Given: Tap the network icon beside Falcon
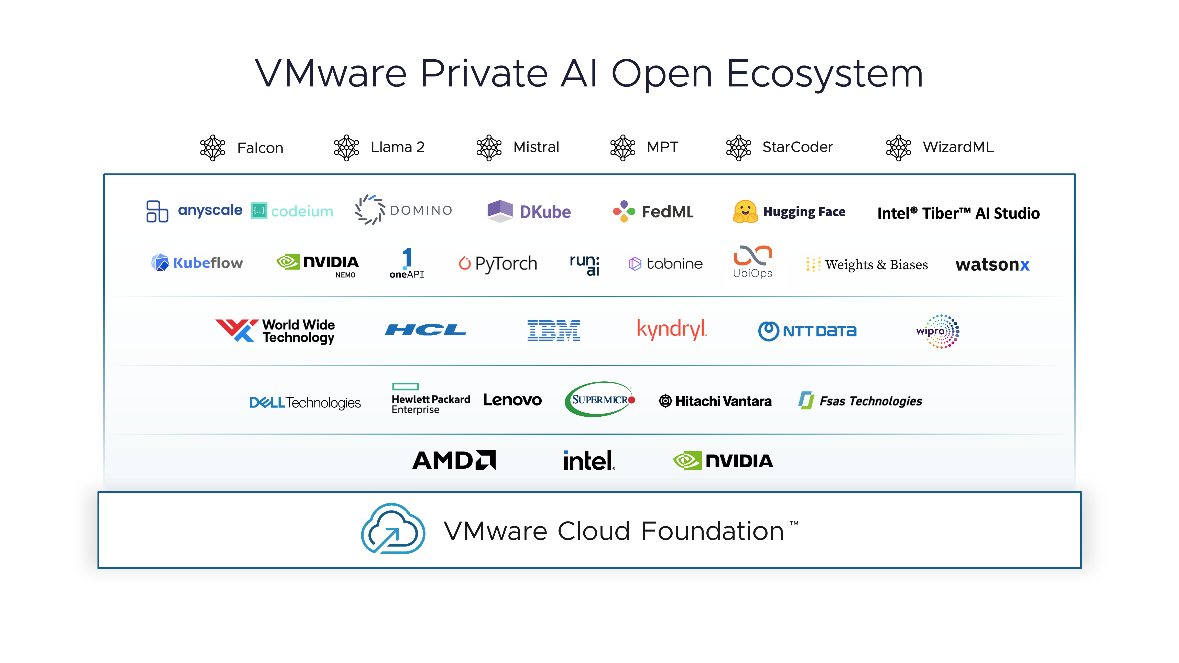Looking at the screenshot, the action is coord(213,148).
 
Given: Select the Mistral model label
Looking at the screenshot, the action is coord(536,147).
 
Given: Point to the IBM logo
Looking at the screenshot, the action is coord(554,330).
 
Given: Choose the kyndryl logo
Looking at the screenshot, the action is coord(671,329).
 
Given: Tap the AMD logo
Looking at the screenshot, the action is coord(454,460).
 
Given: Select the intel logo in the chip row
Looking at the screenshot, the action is coord(588,460).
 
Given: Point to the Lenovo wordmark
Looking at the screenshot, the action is coord(512,400).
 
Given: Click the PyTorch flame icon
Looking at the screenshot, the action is coord(465,263).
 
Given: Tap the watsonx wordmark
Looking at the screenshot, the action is coord(992,264).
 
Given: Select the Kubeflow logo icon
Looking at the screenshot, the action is coord(160,263).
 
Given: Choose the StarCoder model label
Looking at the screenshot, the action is coord(797,147).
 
